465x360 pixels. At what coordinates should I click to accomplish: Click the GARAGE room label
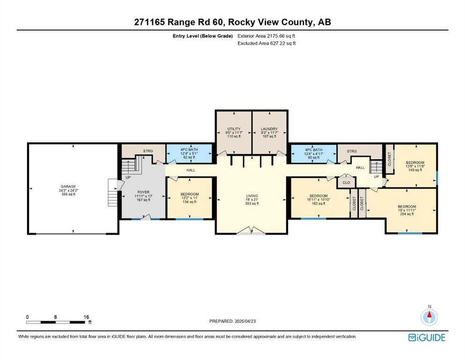coord(68,187)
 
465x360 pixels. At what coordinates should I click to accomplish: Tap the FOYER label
coord(143,192)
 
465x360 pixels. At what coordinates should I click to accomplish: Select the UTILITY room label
coord(234,129)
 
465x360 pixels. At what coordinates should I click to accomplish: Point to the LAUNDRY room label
coord(269,129)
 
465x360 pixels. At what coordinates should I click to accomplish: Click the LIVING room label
coord(252,196)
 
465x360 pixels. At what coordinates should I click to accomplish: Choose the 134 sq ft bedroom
coord(190,198)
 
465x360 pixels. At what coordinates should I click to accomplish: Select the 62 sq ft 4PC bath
coord(189,153)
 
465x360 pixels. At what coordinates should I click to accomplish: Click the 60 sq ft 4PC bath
coord(313,153)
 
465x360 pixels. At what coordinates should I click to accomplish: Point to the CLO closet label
coord(347,182)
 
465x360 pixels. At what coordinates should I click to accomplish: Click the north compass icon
coord(429,317)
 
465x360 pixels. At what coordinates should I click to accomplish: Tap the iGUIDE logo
coord(427,337)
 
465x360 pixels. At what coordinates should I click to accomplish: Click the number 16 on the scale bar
coord(86,317)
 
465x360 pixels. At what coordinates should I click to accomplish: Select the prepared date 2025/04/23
coord(245,321)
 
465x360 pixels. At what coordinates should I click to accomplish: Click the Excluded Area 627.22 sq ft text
coord(266,43)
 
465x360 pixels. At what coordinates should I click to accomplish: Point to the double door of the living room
coord(251,231)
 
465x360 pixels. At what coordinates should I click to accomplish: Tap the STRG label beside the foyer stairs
coord(148,151)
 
